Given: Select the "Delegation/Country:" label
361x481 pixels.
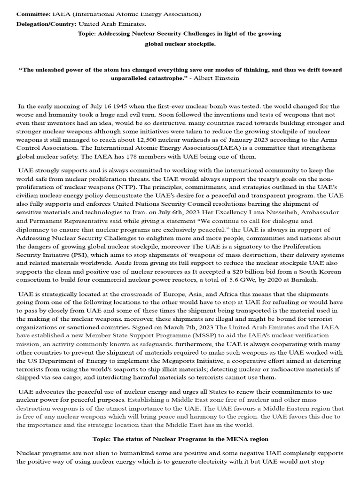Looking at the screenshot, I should pos(47,23).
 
